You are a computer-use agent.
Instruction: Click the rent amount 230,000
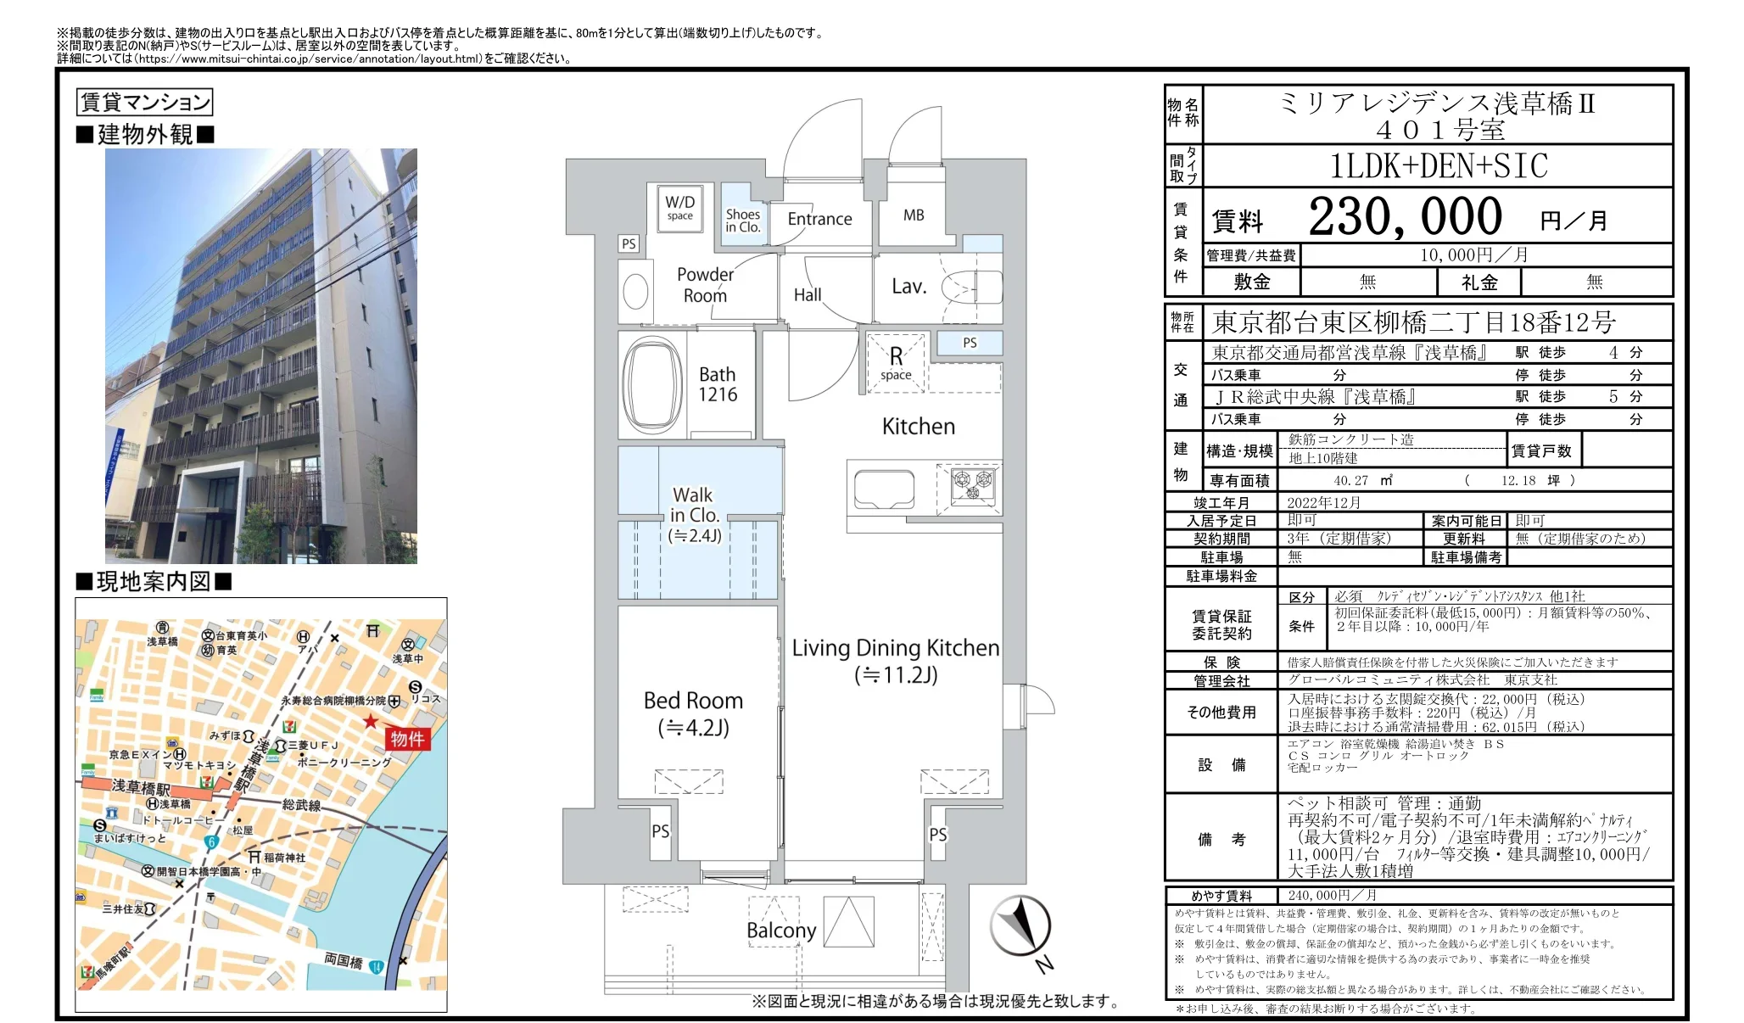click(1405, 217)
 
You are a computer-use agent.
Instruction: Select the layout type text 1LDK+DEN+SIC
click(1439, 166)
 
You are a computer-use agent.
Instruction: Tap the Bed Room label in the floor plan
click(693, 701)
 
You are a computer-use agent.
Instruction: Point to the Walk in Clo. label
click(694, 506)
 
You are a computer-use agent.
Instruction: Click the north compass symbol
click(1020, 926)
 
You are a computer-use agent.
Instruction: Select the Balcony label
click(781, 931)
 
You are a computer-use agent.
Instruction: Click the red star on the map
click(371, 721)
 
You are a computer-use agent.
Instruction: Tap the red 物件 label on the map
click(407, 739)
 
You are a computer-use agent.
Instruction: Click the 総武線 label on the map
click(301, 804)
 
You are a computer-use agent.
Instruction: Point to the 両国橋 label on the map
click(344, 960)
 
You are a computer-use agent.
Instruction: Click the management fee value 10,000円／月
click(1474, 255)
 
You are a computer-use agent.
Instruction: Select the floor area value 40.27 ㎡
click(1362, 480)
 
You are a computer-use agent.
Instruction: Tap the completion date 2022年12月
click(1323, 502)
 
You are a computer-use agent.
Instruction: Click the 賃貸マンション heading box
click(144, 103)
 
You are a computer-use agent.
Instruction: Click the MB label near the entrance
click(914, 215)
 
